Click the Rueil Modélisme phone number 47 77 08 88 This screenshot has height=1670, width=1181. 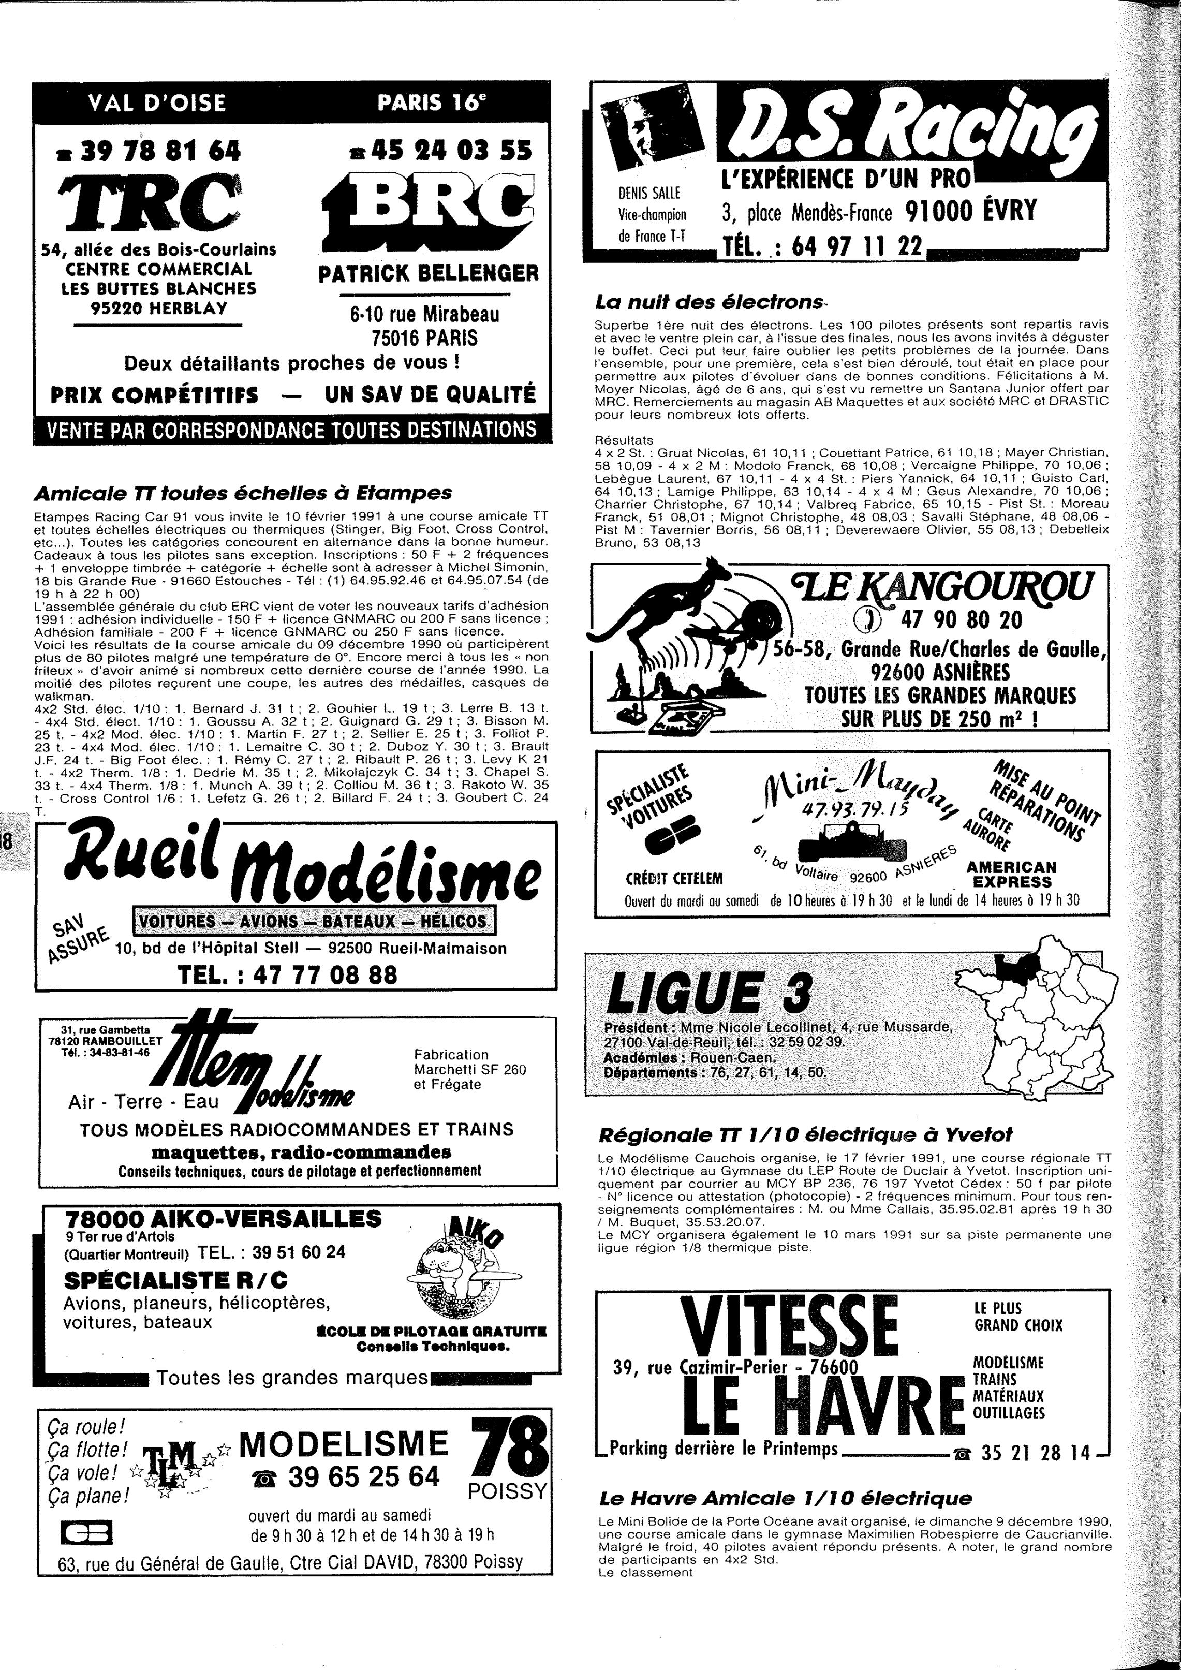[288, 974]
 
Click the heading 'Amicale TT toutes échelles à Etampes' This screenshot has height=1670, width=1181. [243, 493]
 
